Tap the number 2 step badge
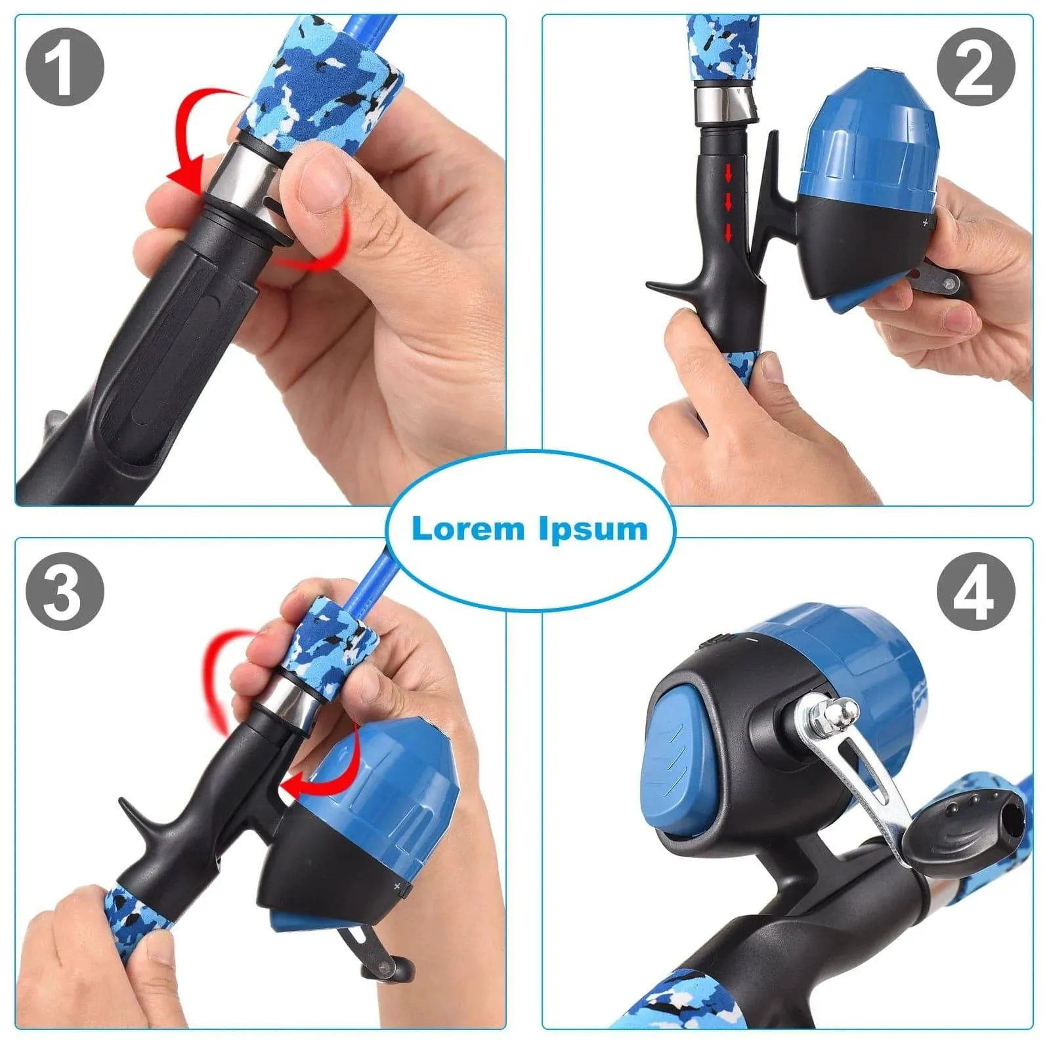point(976,66)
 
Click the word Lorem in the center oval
point(468,528)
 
